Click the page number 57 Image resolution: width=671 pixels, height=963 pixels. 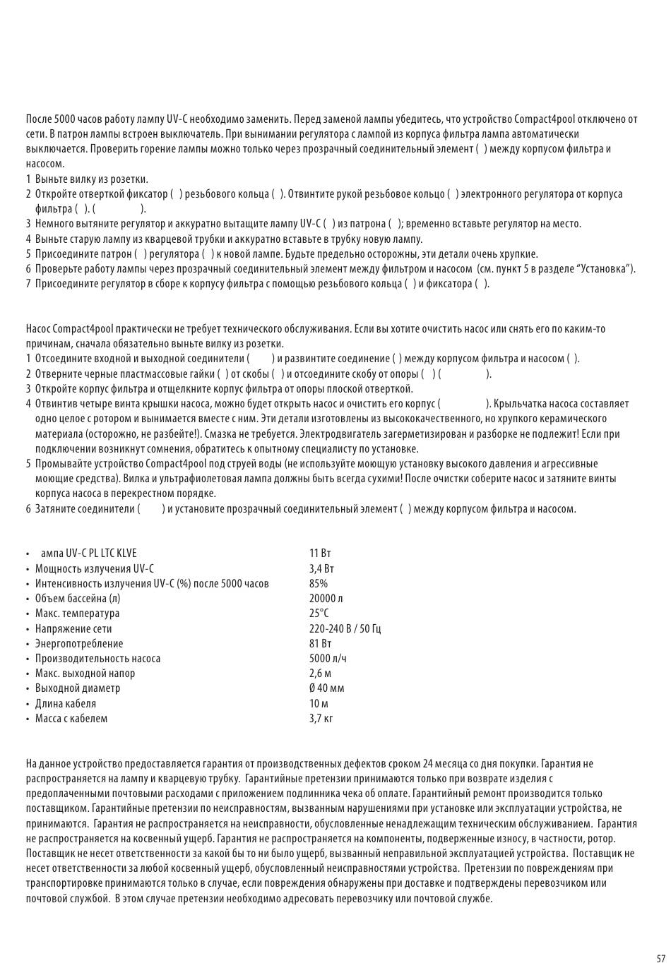tap(660, 958)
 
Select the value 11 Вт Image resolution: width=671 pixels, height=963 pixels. tap(319, 553)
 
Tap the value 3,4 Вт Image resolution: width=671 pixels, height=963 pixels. tap(321, 568)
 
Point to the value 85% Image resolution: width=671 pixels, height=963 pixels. tap(318, 583)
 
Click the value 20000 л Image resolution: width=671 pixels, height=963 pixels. tap(326, 598)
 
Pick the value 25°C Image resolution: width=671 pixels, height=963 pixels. tap(319, 613)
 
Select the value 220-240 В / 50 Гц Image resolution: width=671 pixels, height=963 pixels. tap(345, 628)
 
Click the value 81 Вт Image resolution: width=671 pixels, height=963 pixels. tap(320, 643)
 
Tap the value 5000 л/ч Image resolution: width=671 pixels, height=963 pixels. tap(328, 658)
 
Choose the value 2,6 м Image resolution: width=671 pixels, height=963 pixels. tap(320, 673)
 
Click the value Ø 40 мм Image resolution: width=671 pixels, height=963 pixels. tap(326, 688)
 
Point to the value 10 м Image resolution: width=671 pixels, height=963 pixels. tap(319, 703)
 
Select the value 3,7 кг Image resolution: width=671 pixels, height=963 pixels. tap(321, 718)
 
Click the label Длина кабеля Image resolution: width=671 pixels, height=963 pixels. tap(66, 703)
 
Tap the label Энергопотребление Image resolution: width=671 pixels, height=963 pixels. tap(79, 643)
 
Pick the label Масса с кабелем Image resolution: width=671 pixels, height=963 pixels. tap(71, 718)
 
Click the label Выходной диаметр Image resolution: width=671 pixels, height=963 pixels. tap(78, 688)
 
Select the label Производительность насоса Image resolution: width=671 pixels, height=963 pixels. tap(97, 658)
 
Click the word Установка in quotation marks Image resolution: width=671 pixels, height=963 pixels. tap(606, 268)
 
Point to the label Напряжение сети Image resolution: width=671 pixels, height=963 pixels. tap(73, 628)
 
